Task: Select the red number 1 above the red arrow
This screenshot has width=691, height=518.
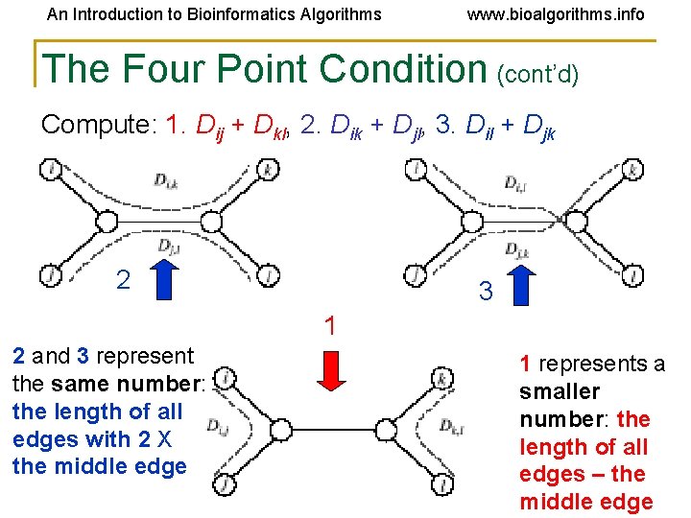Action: pyautogui.click(x=330, y=326)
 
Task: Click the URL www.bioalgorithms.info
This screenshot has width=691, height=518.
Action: pyautogui.click(x=555, y=14)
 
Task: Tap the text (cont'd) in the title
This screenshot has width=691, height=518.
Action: pyautogui.click(x=537, y=73)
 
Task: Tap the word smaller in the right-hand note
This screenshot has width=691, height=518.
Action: pyautogui.click(x=560, y=391)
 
